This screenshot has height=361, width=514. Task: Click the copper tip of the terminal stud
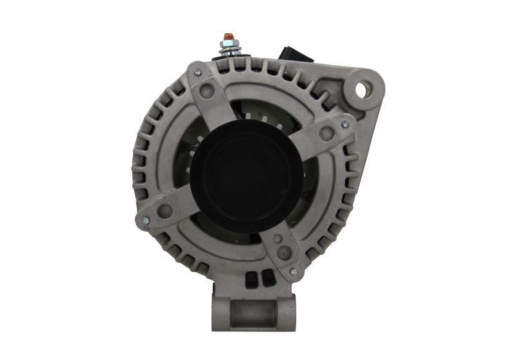pyautogui.click(x=227, y=36)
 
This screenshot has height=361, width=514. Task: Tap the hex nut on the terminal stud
pyautogui.click(x=227, y=46)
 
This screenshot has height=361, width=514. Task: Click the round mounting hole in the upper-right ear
pyautogui.click(x=360, y=90)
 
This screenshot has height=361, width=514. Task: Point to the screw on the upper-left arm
pyautogui.click(x=198, y=72)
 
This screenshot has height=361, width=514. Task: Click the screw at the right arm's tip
pyautogui.click(x=345, y=124)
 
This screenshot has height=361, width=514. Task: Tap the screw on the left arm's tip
pyautogui.click(x=146, y=221)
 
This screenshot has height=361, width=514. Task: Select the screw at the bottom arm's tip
pyautogui.click(x=294, y=272)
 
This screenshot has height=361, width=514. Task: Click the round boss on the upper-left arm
pyautogui.click(x=208, y=91)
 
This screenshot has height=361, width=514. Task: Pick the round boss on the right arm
pyautogui.click(x=327, y=134)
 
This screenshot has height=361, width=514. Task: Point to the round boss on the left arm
pyautogui.click(x=165, y=210)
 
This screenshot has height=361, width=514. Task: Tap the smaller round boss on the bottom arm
pyautogui.click(x=277, y=238)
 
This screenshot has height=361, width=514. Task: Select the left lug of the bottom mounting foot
pyautogui.click(x=221, y=312)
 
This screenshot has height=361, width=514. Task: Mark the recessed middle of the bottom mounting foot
pyautogui.click(x=254, y=313)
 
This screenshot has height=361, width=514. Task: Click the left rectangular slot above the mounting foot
pyautogui.click(x=250, y=279)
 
